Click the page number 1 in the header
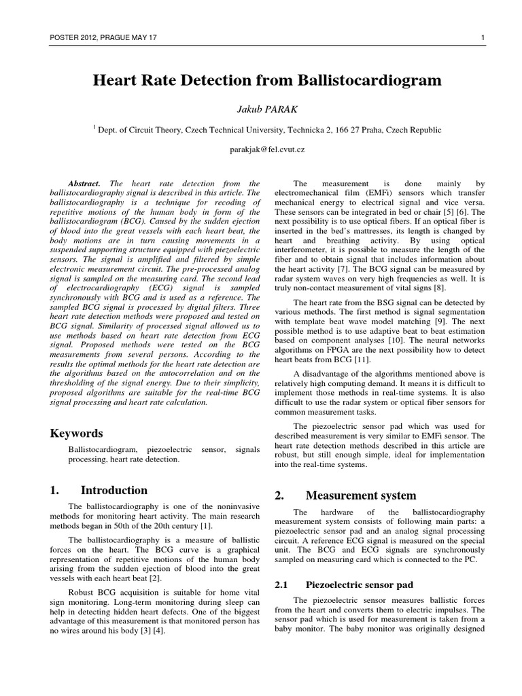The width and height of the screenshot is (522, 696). pos(481,37)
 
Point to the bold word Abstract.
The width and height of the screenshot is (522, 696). pos(84,184)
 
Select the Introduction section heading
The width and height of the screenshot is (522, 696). pos(114,490)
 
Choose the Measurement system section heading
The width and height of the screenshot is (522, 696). pos(361,495)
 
